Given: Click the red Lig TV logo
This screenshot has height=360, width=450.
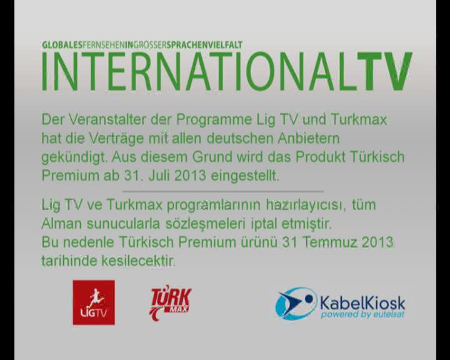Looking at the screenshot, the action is [x=94, y=302].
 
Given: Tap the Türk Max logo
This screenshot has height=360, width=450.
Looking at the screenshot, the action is [x=171, y=302].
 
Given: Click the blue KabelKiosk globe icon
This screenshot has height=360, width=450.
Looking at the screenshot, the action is [x=296, y=304].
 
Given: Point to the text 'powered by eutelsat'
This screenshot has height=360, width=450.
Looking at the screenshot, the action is [x=362, y=314].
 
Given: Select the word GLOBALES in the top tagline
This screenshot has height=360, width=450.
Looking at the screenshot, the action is [x=62, y=45].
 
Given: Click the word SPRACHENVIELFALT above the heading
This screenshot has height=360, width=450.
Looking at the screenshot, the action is [x=204, y=45].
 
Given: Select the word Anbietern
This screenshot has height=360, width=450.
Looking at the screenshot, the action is [x=309, y=139].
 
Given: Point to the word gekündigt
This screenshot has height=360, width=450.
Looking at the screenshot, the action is [x=74, y=157].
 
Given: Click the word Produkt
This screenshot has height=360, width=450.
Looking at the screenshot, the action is [x=320, y=157].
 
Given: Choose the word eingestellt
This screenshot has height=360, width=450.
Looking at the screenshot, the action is [x=245, y=176].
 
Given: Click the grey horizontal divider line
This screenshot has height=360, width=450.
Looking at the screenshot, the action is [x=223, y=191].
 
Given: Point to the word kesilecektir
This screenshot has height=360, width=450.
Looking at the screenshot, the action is [x=138, y=261].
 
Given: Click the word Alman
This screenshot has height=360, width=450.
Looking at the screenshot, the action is [x=61, y=224].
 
